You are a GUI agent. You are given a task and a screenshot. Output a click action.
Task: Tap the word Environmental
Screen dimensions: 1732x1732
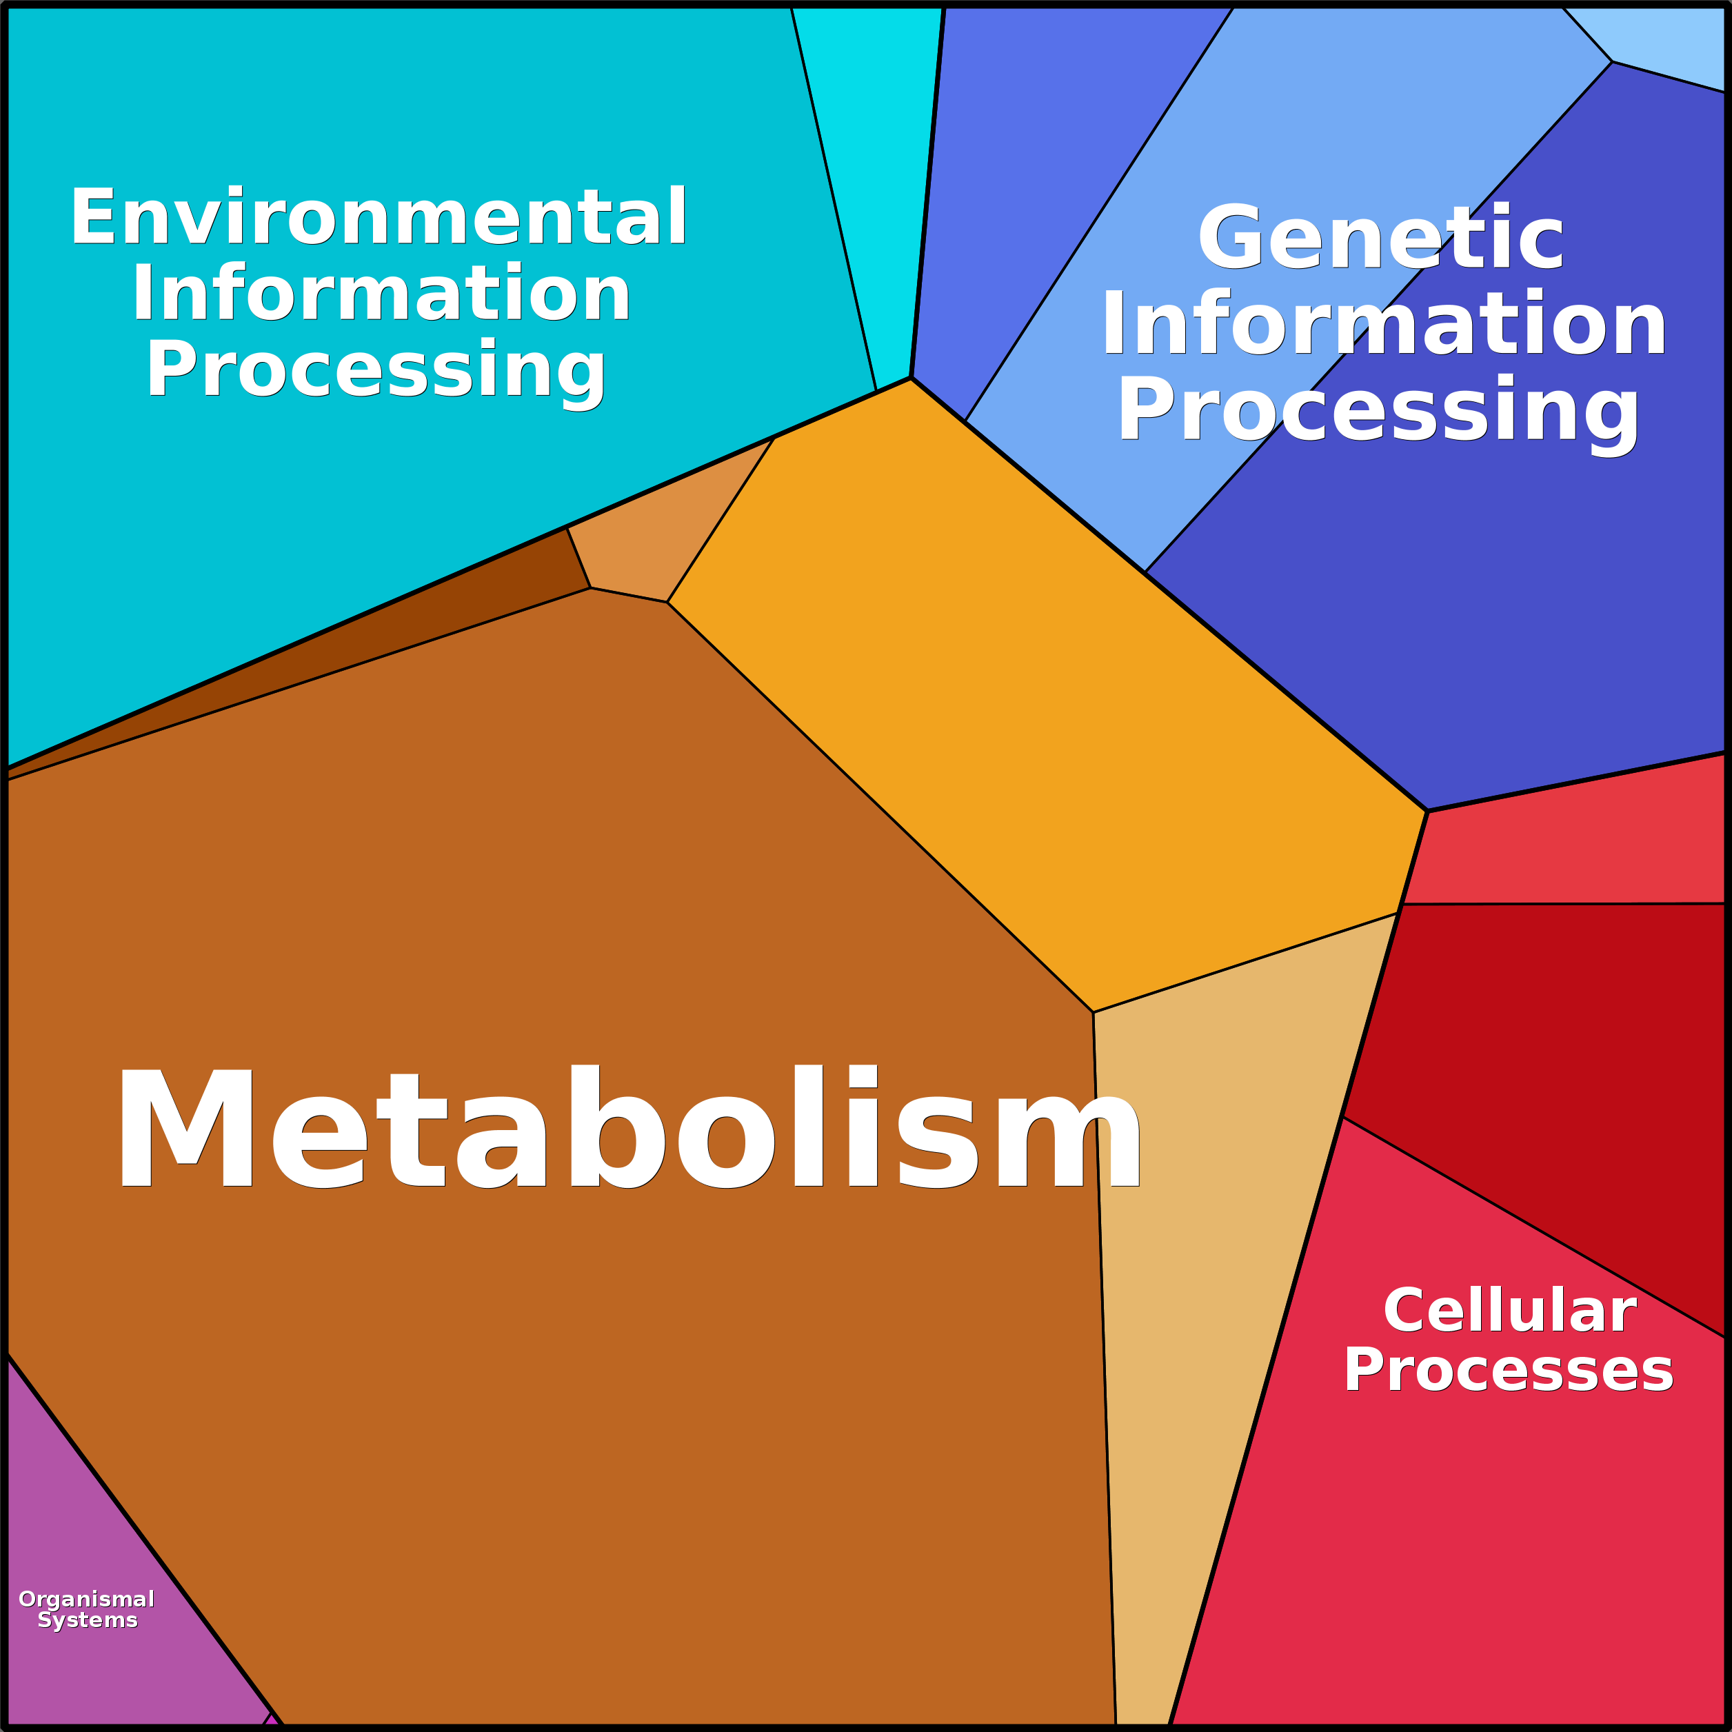(x=379, y=217)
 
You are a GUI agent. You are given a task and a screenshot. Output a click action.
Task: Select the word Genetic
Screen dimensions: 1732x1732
(x=1380, y=238)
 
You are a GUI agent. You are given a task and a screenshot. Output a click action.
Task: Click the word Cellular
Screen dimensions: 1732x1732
(x=1510, y=1311)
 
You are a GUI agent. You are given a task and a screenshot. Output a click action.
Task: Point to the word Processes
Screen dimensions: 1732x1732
(x=1508, y=1370)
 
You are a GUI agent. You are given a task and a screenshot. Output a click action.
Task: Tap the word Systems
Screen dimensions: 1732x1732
(x=88, y=1620)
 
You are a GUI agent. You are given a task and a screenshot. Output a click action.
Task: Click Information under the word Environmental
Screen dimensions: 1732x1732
(x=381, y=294)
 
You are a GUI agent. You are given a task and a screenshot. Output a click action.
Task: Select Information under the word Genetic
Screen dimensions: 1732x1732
(x=1383, y=325)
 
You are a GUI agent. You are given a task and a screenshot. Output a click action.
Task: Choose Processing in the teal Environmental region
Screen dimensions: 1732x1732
(x=376, y=370)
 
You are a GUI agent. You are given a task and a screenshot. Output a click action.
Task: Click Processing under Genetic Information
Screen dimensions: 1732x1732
(x=1378, y=410)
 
